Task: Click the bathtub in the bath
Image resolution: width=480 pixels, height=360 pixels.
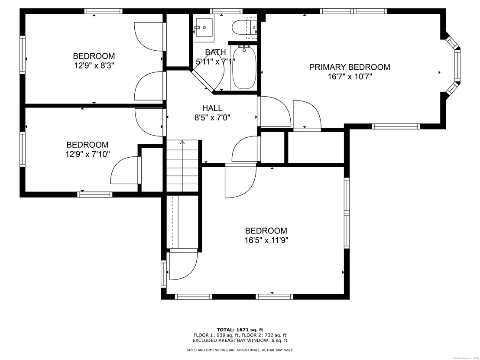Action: pyautogui.click(x=244, y=67)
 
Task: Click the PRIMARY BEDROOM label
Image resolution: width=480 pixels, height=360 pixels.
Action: pyautogui.click(x=350, y=67)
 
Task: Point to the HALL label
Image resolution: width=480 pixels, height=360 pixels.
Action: pyautogui.click(x=212, y=108)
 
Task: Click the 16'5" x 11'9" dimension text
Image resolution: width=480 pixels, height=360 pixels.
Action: pyautogui.click(x=266, y=240)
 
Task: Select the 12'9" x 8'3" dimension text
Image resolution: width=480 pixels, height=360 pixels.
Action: pyautogui.click(x=94, y=65)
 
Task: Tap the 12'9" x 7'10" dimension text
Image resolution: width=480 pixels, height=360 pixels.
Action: pyautogui.click(x=88, y=154)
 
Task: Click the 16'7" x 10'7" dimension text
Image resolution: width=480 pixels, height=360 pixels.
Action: pyautogui.click(x=350, y=77)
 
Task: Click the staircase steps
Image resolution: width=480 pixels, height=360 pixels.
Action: pyautogui.click(x=182, y=166)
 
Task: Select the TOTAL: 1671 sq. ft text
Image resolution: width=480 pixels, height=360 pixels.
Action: pyautogui.click(x=240, y=330)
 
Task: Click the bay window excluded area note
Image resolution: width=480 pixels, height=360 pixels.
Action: pyautogui.click(x=240, y=340)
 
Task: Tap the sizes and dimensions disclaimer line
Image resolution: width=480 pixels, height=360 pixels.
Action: pyautogui.click(x=240, y=350)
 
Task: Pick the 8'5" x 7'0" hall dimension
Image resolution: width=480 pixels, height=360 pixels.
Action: pyautogui.click(x=212, y=117)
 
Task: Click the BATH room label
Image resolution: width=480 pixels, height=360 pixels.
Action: pyautogui.click(x=215, y=52)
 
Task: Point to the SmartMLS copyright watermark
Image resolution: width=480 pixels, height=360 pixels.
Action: pyautogui.click(x=466, y=358)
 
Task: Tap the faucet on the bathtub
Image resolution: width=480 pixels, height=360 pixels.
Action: pyautogui.click(x=244, y=49)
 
